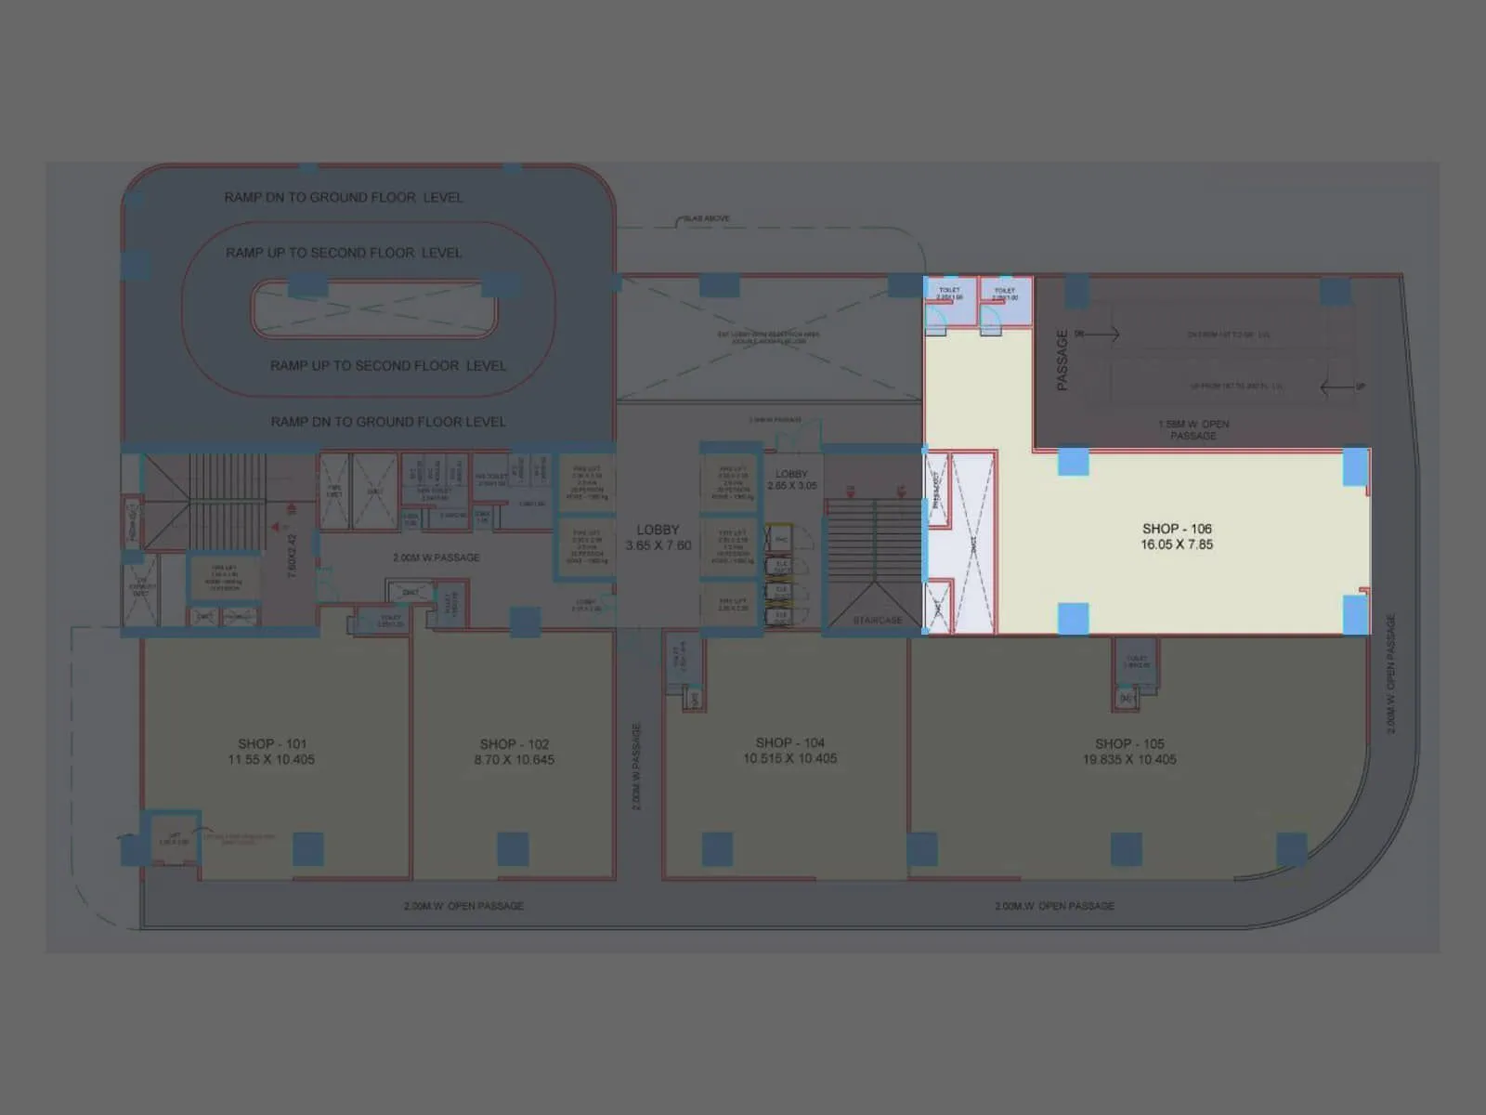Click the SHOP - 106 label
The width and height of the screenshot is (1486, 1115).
(1177, 529)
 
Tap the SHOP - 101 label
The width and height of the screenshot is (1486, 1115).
(271, 744)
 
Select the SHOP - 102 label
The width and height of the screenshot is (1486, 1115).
(514, 744)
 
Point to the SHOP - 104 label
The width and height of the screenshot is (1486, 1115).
(789, 743)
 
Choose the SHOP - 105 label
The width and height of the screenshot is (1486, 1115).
(1128, 744)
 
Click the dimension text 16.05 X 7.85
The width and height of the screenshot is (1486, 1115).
(1177, 544)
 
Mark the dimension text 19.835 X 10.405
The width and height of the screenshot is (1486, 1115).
(1128, 760)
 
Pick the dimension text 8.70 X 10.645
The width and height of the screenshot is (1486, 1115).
(514, 760)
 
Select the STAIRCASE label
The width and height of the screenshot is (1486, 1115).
(877, 620)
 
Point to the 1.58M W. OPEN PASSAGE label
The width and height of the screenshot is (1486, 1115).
(1193, 429)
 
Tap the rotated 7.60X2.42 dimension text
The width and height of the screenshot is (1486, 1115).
(293, 556)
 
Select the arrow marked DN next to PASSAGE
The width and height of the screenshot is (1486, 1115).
(1101, 334)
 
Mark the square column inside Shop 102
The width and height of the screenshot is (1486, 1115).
(513, 848)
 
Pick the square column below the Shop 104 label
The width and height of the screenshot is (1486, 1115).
(717, 848)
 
